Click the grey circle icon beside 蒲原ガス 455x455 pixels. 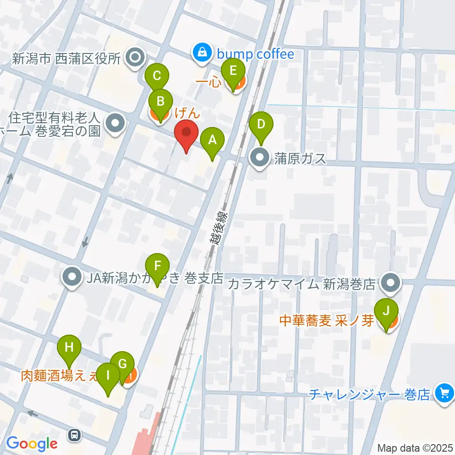[260, 158]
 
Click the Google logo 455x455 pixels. [31, 443]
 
